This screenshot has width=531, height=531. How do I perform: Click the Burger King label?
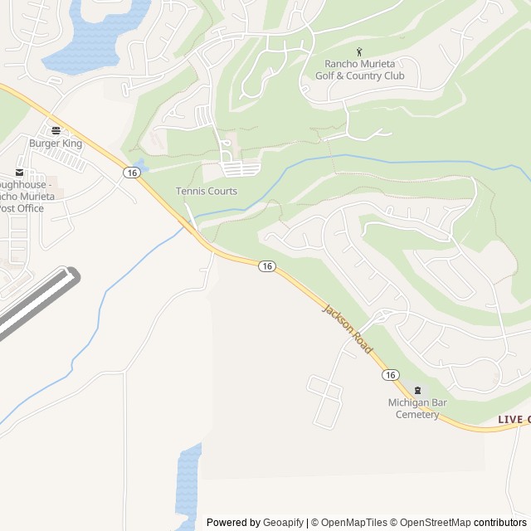click(x=56, y=144)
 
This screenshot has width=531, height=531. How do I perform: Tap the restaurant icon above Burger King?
click(x=56, y=130)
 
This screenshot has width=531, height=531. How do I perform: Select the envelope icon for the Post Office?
click(x=20, y=173)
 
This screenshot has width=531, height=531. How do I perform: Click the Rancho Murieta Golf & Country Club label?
click(x=359, y=71)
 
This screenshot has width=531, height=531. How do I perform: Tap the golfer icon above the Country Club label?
click(x=359, y=52)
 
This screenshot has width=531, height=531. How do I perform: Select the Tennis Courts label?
click(x=206, y=191)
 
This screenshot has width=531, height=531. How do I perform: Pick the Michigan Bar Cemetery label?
click(x=417, y=408)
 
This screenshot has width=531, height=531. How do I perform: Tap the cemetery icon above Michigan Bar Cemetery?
click(x=417, y=390)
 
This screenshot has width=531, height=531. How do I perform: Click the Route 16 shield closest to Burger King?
click(x=131, y=172)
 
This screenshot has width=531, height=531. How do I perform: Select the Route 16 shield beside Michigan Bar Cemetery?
click(x=390, y=375)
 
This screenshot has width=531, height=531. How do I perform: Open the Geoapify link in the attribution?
click(x=283, y=523)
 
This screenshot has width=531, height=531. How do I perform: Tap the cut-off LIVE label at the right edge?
click(x=514, y=420)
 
